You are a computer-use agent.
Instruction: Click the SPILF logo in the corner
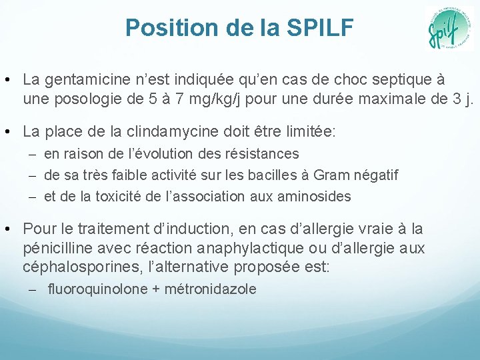449,29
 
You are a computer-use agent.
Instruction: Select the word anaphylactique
278,249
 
